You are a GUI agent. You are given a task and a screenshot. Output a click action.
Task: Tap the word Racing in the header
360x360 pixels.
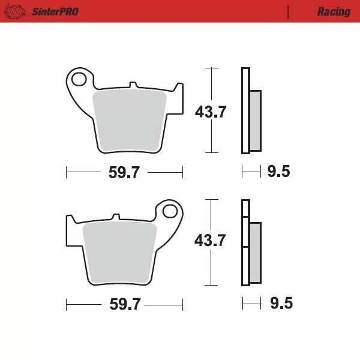pos(334,11)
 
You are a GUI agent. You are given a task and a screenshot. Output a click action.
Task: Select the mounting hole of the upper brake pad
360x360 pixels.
pos(78,78)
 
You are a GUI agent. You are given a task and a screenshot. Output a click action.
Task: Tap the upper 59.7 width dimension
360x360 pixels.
pos(124,173)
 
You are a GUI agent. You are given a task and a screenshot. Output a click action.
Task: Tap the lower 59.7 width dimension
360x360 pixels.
pos(124,304)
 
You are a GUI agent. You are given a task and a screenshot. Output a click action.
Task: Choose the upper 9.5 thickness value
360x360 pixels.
pos(278,173)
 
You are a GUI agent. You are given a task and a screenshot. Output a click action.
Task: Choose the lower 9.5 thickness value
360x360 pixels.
pos(281,304)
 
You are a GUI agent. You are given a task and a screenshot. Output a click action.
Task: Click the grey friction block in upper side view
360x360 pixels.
pos(255,120)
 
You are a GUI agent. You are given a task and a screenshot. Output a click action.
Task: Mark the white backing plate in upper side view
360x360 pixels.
pos(244,111)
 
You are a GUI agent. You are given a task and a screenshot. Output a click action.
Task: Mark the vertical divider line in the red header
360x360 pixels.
pos(289,11)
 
